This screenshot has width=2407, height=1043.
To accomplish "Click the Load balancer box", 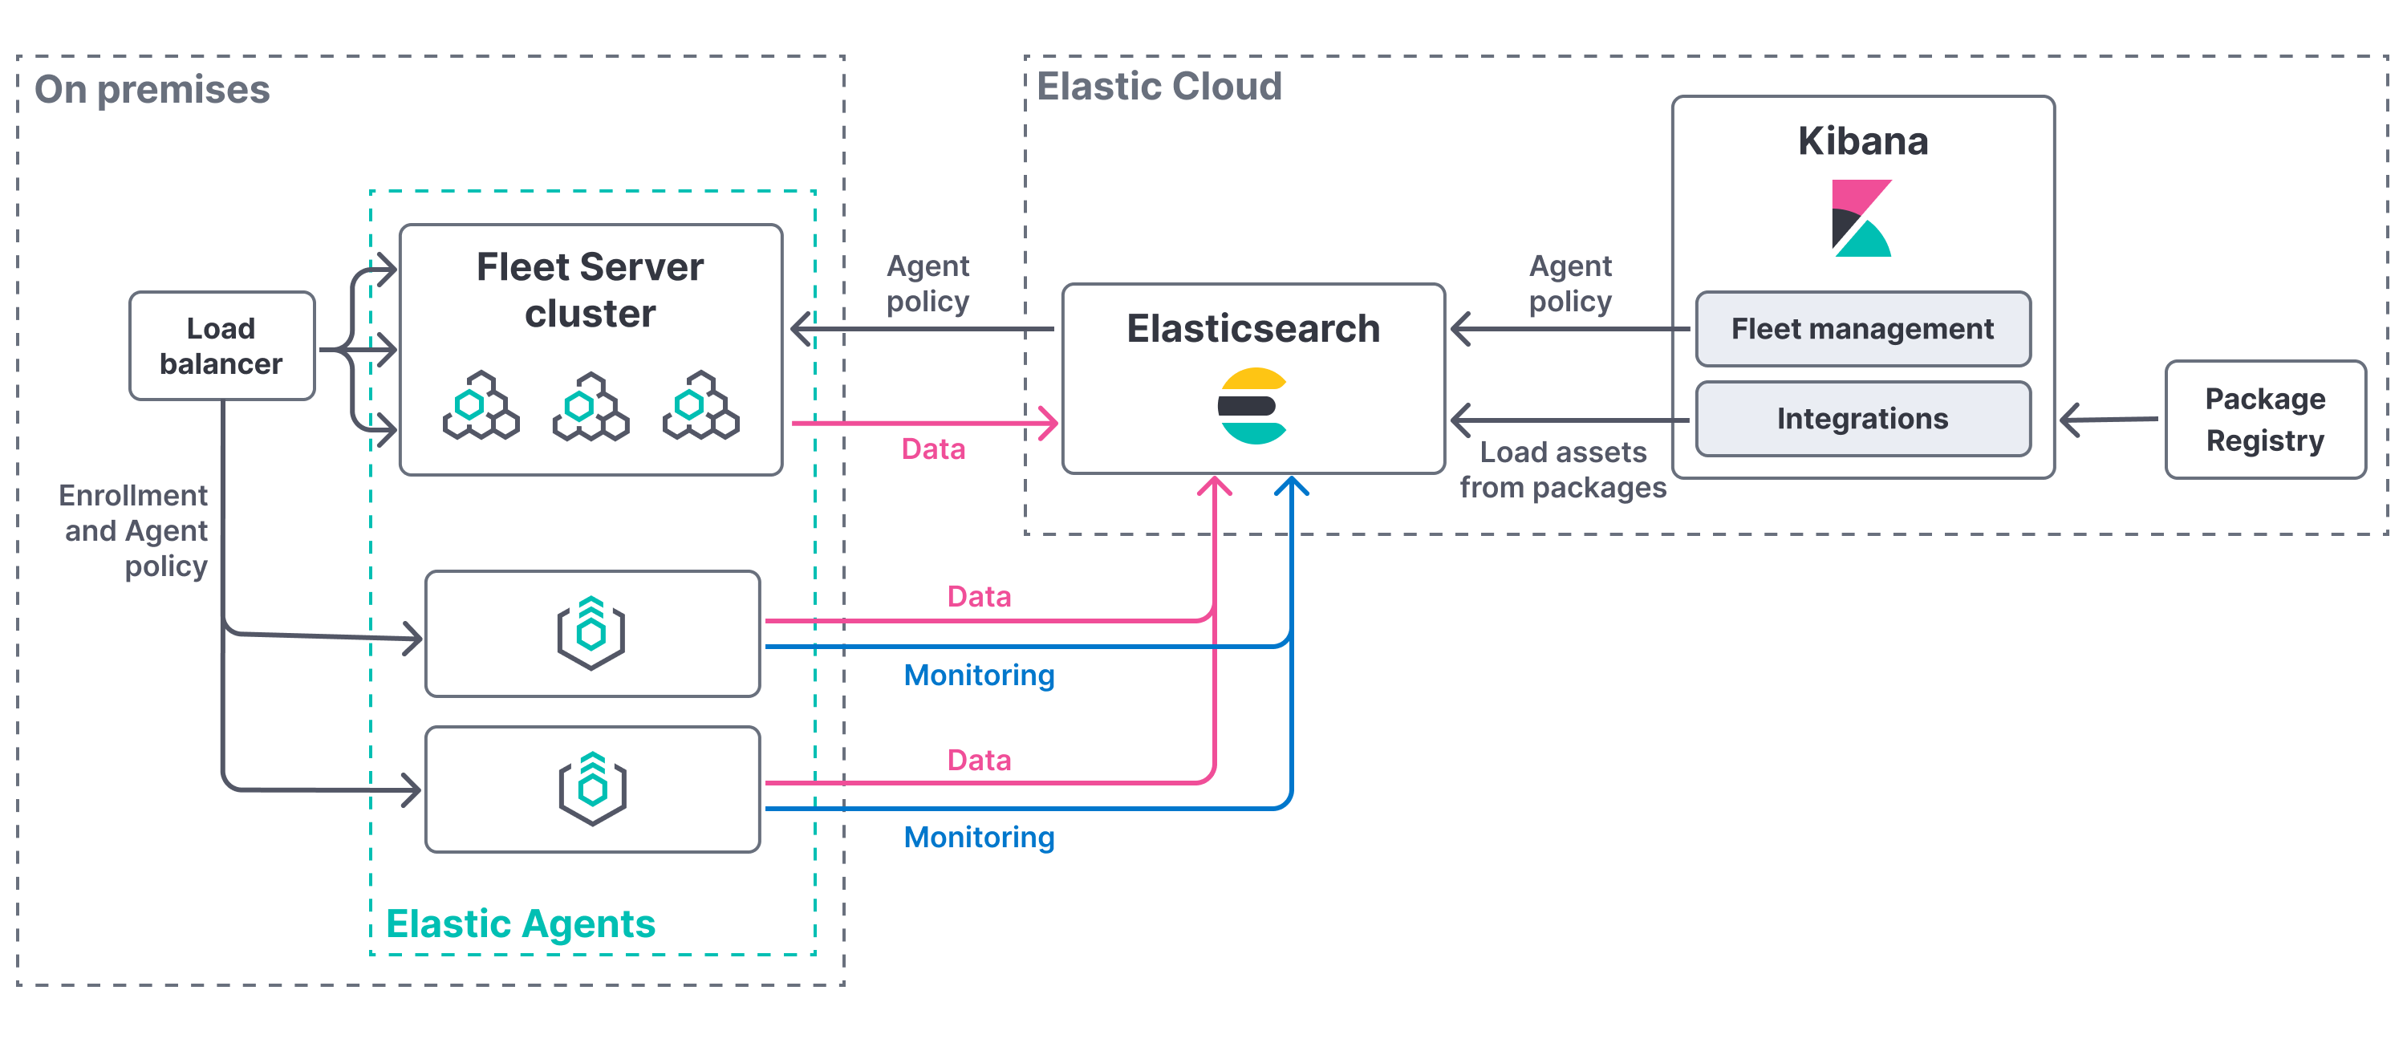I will click(221, 346).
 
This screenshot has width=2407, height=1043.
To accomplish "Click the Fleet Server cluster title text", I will click(590, 290).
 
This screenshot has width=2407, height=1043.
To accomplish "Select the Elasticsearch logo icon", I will click(1253, 406).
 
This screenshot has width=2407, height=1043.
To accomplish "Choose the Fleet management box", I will click(1862, 329).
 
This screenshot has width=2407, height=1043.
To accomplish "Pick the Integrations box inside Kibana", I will click(1862, 419).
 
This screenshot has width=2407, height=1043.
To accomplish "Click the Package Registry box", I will click(2265, 420).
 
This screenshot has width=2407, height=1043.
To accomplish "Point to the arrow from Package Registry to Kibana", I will click(2107, 420).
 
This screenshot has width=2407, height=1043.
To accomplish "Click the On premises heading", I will click(152, 90).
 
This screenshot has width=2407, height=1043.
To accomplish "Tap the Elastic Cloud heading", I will click(1159, 86).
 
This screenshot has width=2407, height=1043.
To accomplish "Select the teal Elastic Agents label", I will click(521, 923).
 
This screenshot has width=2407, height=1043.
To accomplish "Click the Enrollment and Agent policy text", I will click(134, 530).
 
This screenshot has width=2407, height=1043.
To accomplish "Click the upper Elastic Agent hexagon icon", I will click(591, 633).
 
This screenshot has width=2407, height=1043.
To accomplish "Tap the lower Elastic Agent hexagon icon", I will click(592, 789).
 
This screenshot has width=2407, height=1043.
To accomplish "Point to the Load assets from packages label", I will click(1562, 470).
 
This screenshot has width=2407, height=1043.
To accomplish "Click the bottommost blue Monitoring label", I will click(978, 837).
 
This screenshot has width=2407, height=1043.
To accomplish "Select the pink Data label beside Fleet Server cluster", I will click(932, 448).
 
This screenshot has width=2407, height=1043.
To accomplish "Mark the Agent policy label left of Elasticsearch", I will click(927, 283).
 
